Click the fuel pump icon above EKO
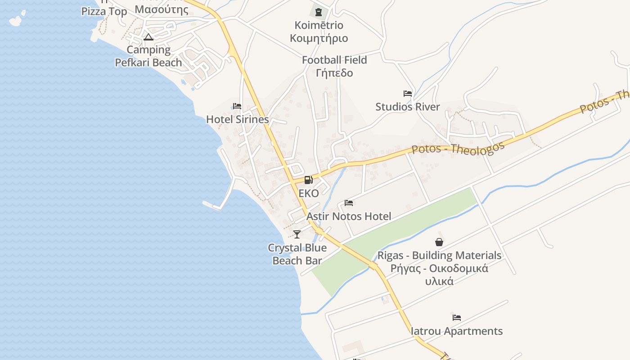click(x=308, y=180)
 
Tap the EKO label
click(x=309, y=193)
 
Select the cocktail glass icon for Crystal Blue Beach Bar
click(x=297, y=234)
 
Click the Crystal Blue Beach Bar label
click(x=297, y=254)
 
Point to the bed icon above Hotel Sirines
click(x=237, y=106)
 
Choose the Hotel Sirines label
click(x=238, y=119)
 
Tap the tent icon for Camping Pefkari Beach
click(x=148, y=36)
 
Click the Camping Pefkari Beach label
click(x=148, y=56)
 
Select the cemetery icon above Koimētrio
click(x=319, y=12)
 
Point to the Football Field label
click(x=334, y=60)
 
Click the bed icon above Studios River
click(x=408, y=94)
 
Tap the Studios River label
click(x=408, y=107)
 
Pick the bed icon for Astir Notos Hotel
click(x=349, y=203)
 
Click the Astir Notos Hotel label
click(x=349, y=216)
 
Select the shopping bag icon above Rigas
click(x=439, y=242)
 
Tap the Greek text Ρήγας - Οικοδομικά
click(x=439, y=269)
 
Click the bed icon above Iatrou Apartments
click(x=457, y=318)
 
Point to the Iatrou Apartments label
click(x=457, y=331)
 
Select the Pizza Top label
click(x=104, y=11)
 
